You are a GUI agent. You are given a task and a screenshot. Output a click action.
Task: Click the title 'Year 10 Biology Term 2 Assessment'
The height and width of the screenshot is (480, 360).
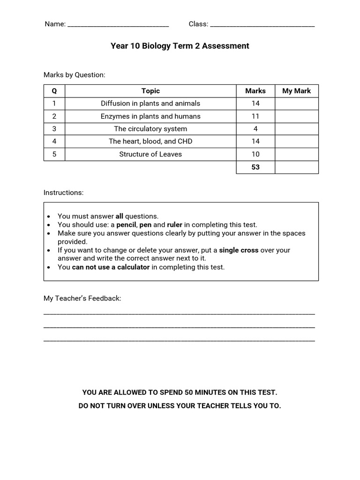[180, 46]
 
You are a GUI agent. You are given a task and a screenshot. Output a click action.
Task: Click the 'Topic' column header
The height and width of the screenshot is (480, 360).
[150, 91]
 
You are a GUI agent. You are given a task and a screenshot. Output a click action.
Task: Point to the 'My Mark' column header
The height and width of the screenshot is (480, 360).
[296, 91]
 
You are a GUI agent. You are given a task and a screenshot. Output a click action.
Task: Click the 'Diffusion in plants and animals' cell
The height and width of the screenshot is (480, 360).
[150, 104]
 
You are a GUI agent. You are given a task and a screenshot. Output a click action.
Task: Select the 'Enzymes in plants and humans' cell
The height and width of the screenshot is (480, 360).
[150, 116]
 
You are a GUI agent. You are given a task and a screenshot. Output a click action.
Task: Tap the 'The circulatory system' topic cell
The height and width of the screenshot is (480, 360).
[150, 129]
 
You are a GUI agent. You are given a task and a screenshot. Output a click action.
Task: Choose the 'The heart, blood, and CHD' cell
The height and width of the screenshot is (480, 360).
[150, 142]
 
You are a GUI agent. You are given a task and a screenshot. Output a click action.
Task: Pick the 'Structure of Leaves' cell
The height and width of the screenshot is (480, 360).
[150, 154]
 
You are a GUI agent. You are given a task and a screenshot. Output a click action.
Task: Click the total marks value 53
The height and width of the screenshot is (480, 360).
[255, 167]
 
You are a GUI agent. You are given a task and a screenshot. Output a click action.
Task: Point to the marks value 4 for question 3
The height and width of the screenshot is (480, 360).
[255, 129]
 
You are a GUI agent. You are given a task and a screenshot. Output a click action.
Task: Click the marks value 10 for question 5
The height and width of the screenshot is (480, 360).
[255, 154]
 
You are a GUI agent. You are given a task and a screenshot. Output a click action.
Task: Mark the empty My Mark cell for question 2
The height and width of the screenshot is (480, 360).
[296, 116]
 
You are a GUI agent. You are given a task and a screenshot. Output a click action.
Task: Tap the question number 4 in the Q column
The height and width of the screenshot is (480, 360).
[54, 142]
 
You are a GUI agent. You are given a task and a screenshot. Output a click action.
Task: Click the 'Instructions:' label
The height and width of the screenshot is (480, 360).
[64, 193]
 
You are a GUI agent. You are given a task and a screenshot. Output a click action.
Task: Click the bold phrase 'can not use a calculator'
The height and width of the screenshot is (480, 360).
[111, 267]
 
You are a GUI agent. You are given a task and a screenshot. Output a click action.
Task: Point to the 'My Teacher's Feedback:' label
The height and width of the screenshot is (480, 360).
[82, 299]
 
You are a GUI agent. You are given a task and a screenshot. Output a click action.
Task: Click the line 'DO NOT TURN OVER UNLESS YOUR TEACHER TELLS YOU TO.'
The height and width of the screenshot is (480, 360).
[180, 406]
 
